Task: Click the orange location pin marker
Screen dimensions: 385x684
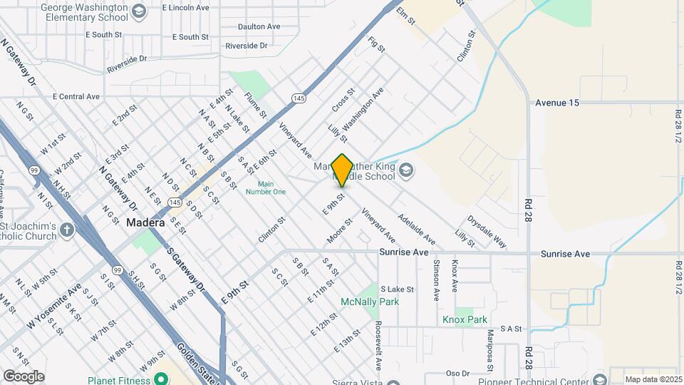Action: pyautogui.click(x=342, y=170)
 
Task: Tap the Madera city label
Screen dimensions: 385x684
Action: pyautogui.click(x=146, y=222)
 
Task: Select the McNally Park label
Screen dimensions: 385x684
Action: pyautogui.click(x=389, y=302)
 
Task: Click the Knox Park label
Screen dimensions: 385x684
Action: pyautogui.click(x=465, y=319)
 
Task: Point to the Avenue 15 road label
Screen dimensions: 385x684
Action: pyautogui.click(x=558, y=103)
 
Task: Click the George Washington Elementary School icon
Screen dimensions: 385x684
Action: pyautogui.click(x=139, y=11)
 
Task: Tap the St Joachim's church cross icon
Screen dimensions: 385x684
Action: pyautogui.click(x=66, y=230)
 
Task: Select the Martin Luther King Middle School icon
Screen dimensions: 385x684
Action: pyautogui.click(x=405, y=170)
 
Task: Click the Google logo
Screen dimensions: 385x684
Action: pyautogui.click(x=24, y=376)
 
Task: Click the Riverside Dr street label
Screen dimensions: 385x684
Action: pyautogui.click(x=246, y=46)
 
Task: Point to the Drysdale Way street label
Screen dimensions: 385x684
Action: pyautogui.click(x=487, y=232)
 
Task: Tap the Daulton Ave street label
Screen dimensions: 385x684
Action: pyautogui.click(x=259, y=26)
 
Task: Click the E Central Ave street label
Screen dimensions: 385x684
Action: pyautogui.click(x=76, y=96)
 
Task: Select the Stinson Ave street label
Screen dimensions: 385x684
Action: pyautogui.click(x=435, y=280)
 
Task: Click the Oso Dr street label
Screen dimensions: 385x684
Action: pyautogui.click(x=457, y=373)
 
